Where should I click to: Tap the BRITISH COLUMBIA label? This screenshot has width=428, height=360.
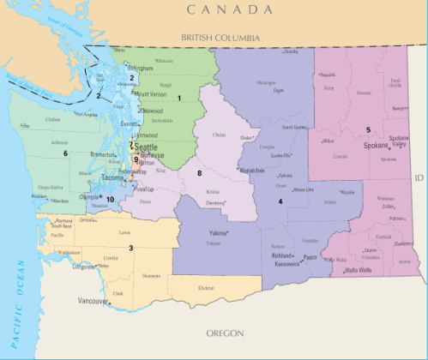point(222,38)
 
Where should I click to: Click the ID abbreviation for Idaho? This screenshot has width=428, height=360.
point(419,177)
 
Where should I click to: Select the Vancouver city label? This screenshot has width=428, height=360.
point(93,302)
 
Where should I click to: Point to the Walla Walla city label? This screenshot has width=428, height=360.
point(363,270)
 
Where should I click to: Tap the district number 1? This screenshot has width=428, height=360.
point(178,98)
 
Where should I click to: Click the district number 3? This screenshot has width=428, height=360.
point(130,248)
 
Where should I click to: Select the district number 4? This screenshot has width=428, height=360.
point(280,201)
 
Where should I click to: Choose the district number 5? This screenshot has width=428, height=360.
point(367,129)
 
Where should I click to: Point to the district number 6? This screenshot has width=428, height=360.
point(64,153)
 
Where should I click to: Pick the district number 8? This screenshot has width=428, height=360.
point(199,173)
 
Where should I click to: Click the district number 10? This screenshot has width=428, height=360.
point(109,199)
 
